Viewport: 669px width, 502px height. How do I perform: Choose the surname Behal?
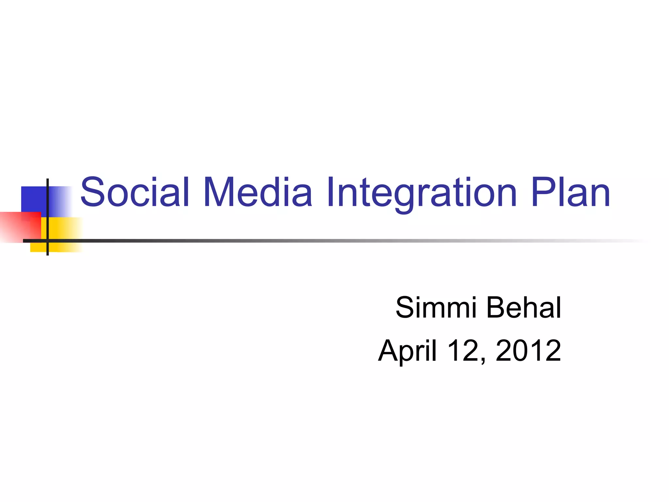click(524, 308)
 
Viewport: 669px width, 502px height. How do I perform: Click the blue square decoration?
click(33, 199)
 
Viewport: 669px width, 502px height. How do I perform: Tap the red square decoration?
click(20, 226)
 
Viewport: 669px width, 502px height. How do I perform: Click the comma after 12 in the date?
click(483, 360)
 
